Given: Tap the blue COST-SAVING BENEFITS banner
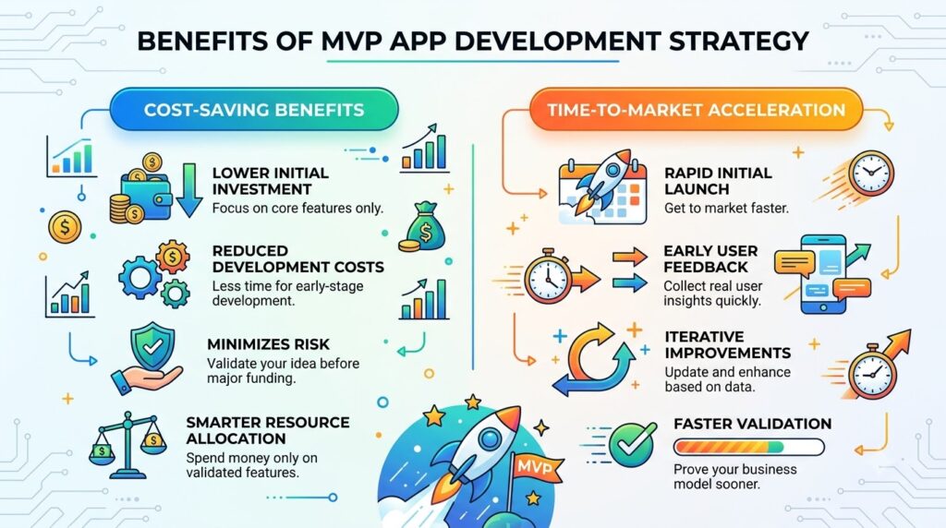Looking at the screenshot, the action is pyautogui.click(x=254, y=110).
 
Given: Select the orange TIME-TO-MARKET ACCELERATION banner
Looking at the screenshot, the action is pyautogui.click(x=697, y=110).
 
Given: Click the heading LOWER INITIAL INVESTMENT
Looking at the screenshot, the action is pyautogui.click(x=271, y=181).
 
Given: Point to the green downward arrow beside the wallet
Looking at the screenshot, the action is pyautogui.click(x=189, y=190).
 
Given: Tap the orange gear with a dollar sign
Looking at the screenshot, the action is pyautogui.click(x=173, y=258).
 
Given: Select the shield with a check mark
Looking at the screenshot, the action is pyautogui.click(x=152, y=346).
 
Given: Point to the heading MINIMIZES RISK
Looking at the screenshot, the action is pyautogui.click(x=269, y=344).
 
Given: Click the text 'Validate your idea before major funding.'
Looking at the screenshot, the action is pyautogui.click(x=283, y=371).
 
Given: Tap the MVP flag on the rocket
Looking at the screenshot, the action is pyautogui.click(x=535, y=466).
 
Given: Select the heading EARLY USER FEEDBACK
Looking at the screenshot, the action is pyautogui.click(x=710, y=258).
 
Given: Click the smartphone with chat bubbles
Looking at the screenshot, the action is pyautogui.click(x=823, y=275).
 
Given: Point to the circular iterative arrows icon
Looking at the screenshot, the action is pyautogui.click(x=594, y=360).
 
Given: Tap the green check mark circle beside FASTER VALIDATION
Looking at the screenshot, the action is pyautogui.click(x=632, y=445).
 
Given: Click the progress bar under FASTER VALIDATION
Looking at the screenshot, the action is pyautogui.click(x=748, y=448).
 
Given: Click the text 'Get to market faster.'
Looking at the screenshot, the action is pyautogui.click(x=726, y=209).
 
